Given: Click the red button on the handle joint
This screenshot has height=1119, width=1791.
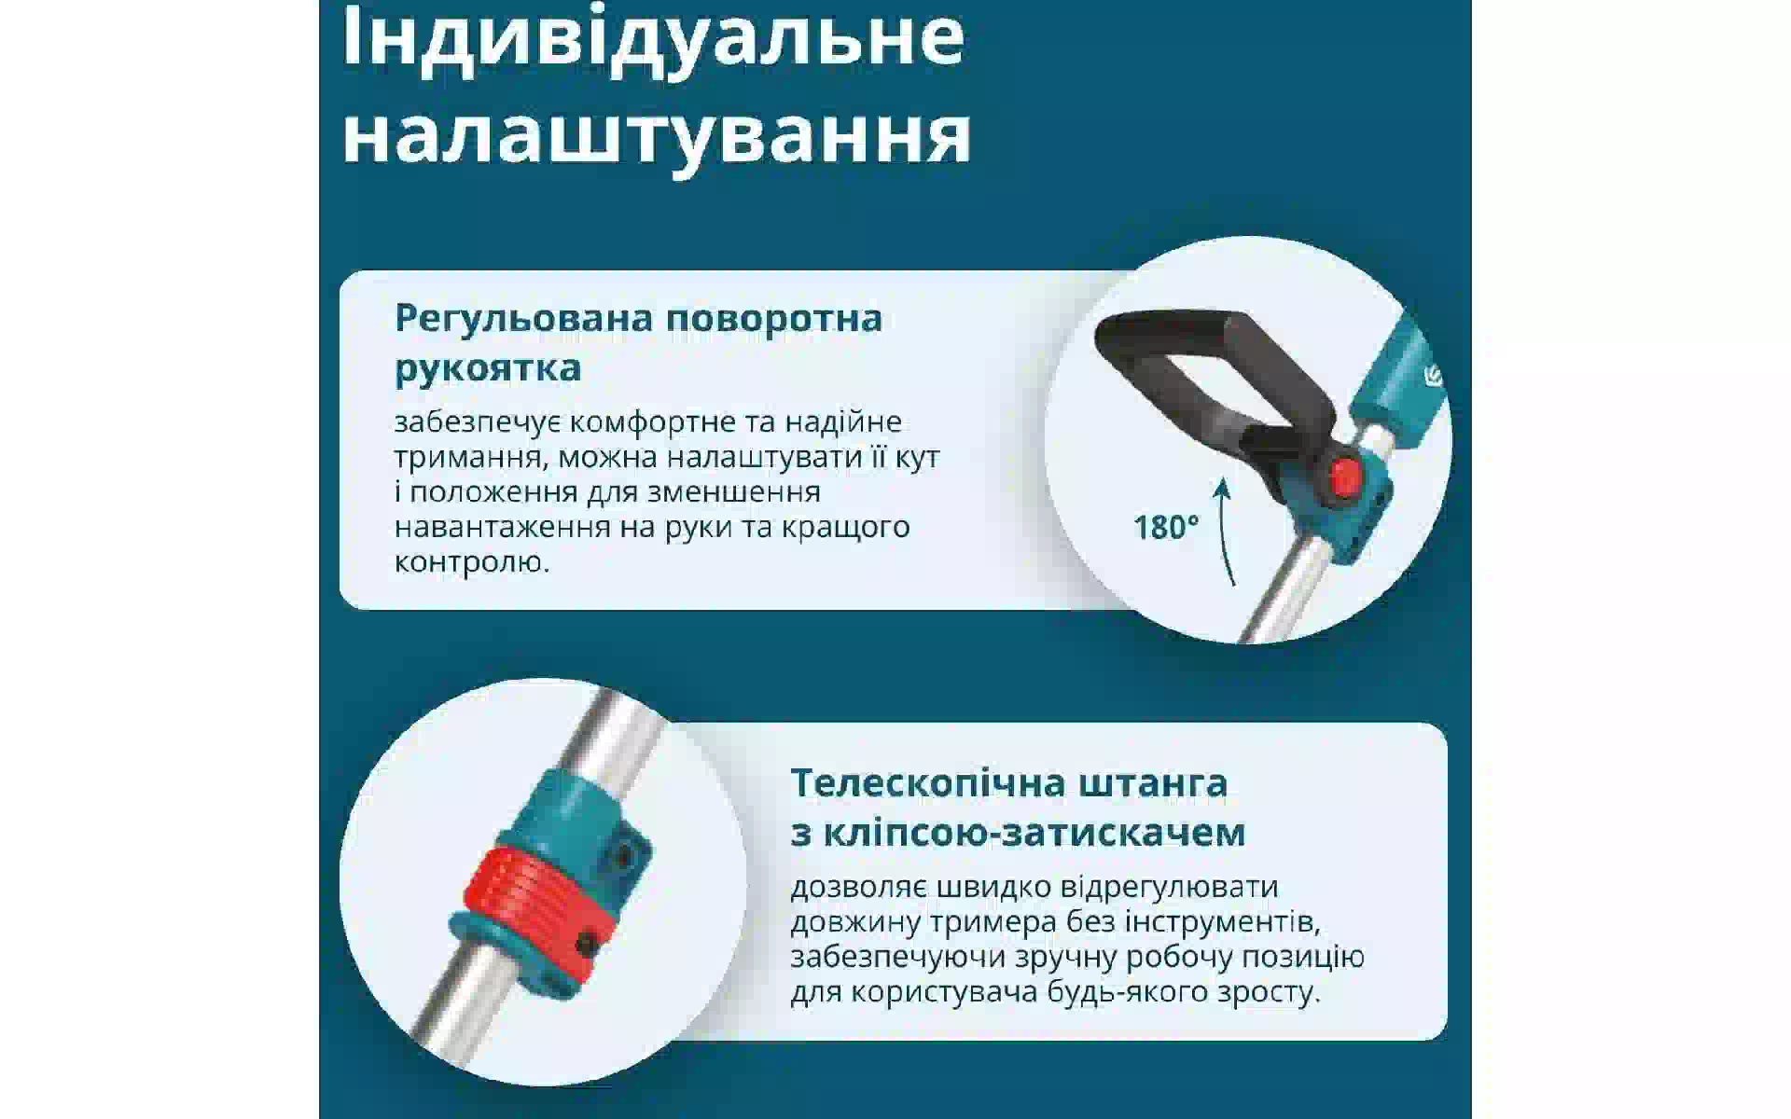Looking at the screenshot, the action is pyautogui.click(x=1344, y=477).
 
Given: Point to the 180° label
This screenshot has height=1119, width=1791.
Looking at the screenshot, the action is pyautogui.click(x=1166, y=528).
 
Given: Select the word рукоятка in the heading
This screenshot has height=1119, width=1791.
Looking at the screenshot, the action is pyautogui.click(x=488, y=367).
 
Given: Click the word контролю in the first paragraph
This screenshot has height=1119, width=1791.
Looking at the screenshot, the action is pyautogui.click(x=471, y=562).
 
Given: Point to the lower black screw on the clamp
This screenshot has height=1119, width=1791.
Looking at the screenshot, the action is pyautogui.click(x=587, y=944).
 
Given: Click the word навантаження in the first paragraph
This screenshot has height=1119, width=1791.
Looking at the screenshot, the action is pyautogui.click(x=504, y=528).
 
